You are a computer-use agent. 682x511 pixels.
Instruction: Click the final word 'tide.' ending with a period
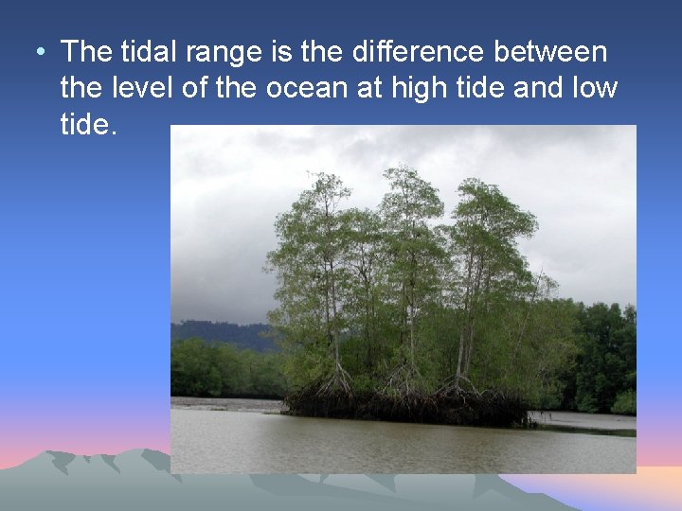click(x=88, y=124)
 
